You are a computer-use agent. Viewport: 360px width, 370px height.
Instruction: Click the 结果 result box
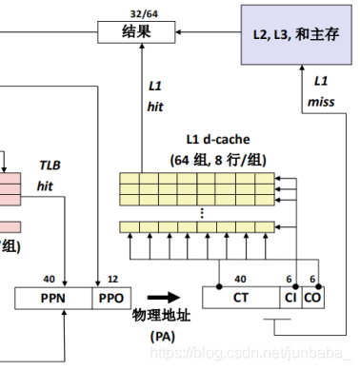tap(134, 33)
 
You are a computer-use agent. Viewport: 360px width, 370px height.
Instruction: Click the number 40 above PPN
tap(49, 280)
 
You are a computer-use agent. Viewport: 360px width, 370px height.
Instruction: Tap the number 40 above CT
tap(241, 280)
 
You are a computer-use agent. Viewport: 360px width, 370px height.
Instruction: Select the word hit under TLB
tap(45, 186)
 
